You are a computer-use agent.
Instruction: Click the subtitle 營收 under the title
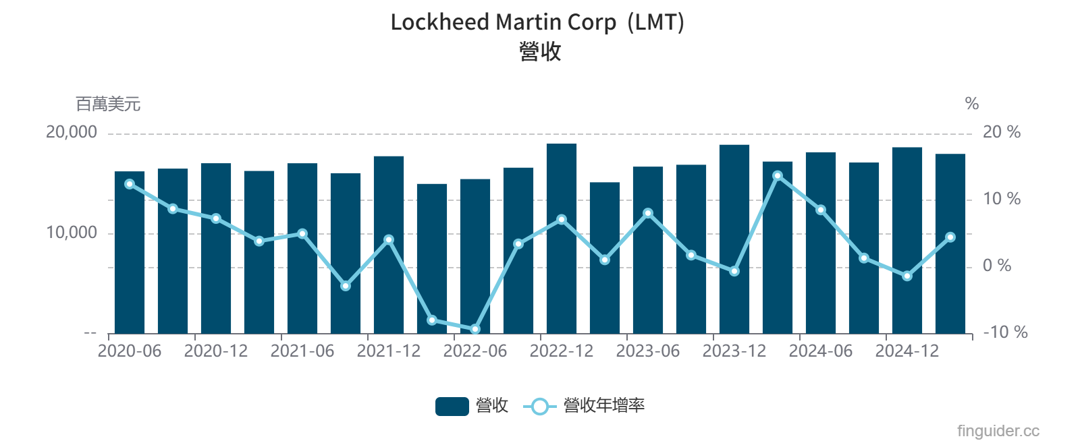coord(540,51)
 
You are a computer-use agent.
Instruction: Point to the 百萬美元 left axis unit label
coord(108,104)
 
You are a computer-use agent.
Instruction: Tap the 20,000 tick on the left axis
coord(72,132)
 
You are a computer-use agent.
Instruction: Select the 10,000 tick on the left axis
coord(72,233)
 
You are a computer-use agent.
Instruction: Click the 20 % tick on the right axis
coord(1001,132)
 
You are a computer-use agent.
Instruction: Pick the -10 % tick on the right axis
coord(1004,332)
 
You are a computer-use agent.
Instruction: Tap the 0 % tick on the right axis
coord(996,266)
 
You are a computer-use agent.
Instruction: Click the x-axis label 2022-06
coord(475,351)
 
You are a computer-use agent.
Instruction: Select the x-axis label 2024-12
coord(907,351)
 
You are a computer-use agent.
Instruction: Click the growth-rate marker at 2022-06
coord(475,329)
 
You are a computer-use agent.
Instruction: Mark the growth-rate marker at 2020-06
coord(130,184)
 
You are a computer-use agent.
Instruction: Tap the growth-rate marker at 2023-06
coord(648,213)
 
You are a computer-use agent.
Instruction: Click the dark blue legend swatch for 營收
coord(452,406)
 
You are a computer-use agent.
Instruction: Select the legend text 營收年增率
coord(603,406)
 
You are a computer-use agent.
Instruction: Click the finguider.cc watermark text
coord(998,431)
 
